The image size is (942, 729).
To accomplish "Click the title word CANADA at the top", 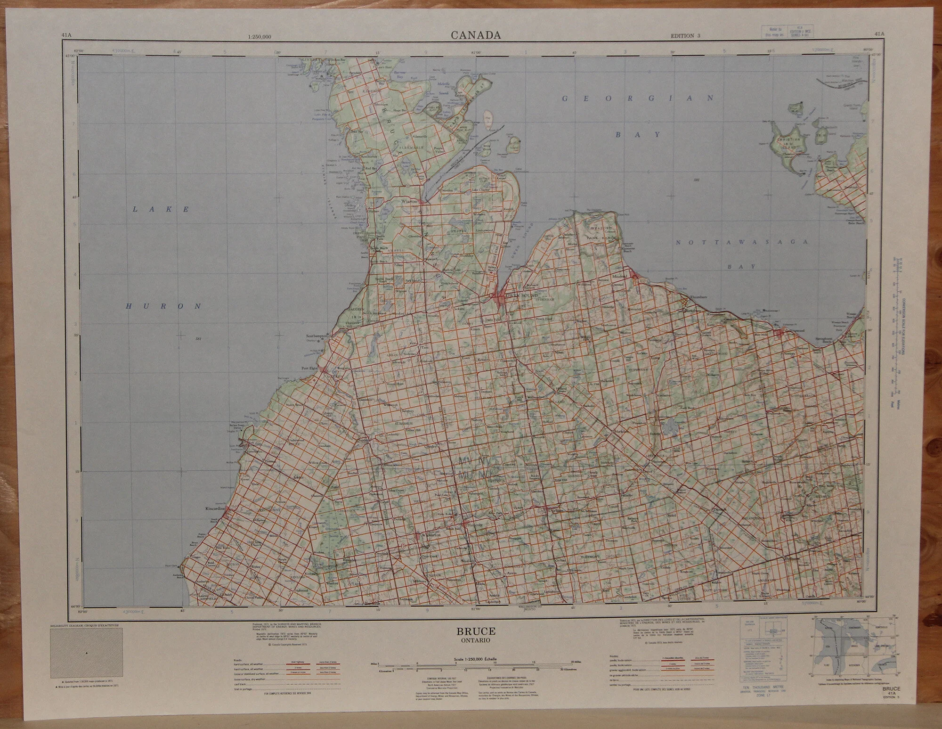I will [475, 35].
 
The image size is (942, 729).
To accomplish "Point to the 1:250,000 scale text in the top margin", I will [259, 37].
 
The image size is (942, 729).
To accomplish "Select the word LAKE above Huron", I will [161, 209].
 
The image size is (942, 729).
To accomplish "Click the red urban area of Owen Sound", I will [499, 297].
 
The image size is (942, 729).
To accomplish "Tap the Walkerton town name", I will [430, 536].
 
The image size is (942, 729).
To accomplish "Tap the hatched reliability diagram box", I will [86, 653].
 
